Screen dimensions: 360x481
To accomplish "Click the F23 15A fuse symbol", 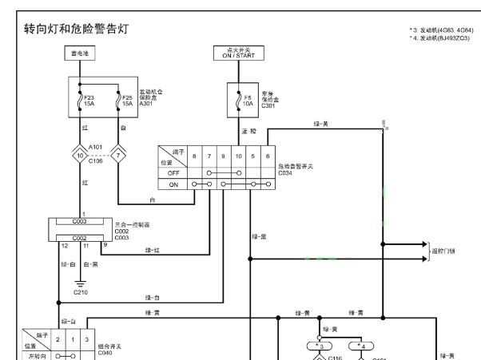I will click(x=79, y=102).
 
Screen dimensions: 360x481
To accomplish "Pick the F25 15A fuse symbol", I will click(x=118, y=102).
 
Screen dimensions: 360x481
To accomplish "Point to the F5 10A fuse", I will click(x=238, y=102).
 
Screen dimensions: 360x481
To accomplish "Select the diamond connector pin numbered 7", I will click(x=118, y=155).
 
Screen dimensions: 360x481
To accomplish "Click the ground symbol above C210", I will click(x=78, y=283).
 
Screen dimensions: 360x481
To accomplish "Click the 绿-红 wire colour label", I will click(x=153, y=249).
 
